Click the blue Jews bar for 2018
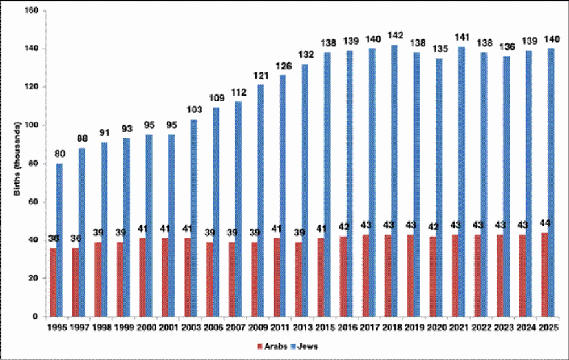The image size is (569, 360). point(394,180)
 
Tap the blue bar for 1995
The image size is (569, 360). point(60,240)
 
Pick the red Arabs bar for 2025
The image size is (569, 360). point(544,274)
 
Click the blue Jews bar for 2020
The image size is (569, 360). point(439,187)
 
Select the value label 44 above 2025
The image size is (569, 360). point(544,224)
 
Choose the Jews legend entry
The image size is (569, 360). point(303,346)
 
